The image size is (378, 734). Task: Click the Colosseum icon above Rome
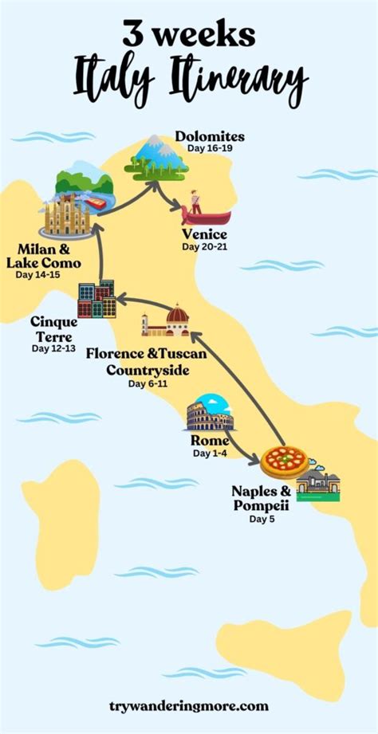tap(211, 415)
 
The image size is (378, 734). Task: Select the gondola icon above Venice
tap(205, 210)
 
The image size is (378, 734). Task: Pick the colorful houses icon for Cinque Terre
tap(96, 300)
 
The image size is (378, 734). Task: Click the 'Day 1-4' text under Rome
tap(211, 453)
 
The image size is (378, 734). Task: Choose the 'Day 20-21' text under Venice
tap(204, 247)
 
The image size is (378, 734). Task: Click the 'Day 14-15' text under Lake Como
tap(38, 275)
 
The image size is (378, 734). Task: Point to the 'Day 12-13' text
tap(54, 348)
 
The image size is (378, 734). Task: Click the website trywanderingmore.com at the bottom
tap(189, 706)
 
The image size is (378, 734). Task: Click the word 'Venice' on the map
tap(204, 234)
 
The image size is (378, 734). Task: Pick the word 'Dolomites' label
tap(211, 137)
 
